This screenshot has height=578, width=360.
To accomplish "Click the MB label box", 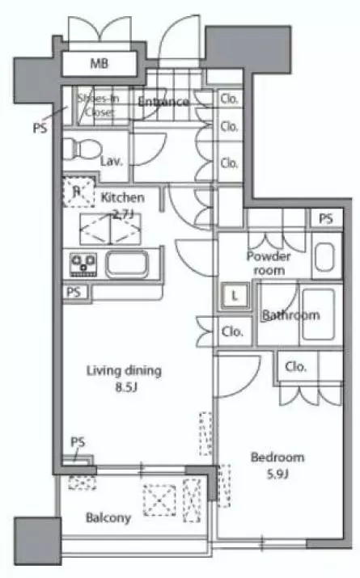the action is click(99, 64).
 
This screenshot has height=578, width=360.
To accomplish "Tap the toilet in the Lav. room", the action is click(82, 149).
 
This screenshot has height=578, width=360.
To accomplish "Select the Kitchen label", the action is click(122, 197).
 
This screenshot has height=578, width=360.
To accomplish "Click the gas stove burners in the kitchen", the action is click(83, 264).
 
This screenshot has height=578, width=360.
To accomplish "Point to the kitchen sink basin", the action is click(127, 264).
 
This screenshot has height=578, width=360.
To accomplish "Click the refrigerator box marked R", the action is click(77, 192).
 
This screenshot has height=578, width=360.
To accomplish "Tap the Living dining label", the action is click(124, 370).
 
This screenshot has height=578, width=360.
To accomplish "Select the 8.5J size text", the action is click(126, 387).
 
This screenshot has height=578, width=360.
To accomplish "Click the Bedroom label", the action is click(277, 457).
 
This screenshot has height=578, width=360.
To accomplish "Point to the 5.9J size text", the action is click(277, 474).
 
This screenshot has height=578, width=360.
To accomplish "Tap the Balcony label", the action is click(108, 518).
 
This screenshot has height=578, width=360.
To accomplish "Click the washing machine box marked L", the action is click(235, 296).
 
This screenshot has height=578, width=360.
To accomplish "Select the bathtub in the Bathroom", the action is click(319, 314).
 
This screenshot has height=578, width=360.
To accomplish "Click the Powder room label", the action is click(269, 263).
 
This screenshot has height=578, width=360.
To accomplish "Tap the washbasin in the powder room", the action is click(324, 256).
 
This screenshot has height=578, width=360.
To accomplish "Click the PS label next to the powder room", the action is click(326, 219).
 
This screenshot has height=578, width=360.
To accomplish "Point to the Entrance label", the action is click(163, 101).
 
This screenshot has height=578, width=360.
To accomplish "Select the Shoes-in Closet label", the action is click(98, 105).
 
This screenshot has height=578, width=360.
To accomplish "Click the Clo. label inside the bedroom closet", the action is click(296, 366).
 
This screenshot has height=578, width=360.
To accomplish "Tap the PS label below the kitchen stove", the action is click(74, 293).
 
